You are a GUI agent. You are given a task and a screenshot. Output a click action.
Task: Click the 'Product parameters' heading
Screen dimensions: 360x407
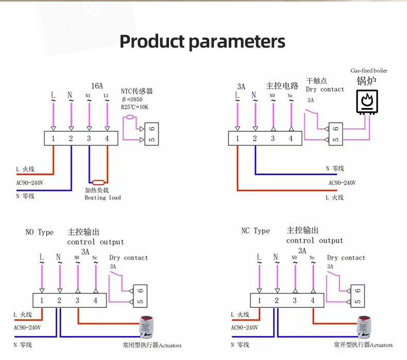tap(202, 41)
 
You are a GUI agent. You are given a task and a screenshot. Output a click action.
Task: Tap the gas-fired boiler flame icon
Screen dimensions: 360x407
tap(367, 101)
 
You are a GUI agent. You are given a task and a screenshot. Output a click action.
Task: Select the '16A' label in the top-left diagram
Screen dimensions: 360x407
tap(97, 86)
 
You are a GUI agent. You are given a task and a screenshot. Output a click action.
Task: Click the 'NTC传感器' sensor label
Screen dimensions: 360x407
tap(137, 91)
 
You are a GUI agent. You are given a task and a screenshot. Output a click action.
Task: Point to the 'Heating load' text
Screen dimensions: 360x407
tap(103, 198)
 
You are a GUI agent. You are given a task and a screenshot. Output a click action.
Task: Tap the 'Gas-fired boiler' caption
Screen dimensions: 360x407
tap(368, 71)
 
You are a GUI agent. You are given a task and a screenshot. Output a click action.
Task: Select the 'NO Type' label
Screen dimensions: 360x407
tap(39, 233)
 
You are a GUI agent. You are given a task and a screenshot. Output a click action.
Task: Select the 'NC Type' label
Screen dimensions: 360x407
tap(256, 231)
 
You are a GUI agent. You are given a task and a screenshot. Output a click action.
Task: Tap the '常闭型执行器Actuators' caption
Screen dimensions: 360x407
tap(148, 345)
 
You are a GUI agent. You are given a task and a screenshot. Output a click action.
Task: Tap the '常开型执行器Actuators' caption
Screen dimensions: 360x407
tap(363, 345)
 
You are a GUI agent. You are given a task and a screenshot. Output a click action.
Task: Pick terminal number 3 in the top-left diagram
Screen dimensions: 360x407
tap(89, 138)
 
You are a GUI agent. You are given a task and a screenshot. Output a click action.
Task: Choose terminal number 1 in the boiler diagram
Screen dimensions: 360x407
tap(238, 138)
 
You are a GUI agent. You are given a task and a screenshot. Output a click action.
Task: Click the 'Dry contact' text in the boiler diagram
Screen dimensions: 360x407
tap(325, 89)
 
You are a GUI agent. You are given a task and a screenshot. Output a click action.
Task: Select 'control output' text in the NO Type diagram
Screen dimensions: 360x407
tap(95, 242)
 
